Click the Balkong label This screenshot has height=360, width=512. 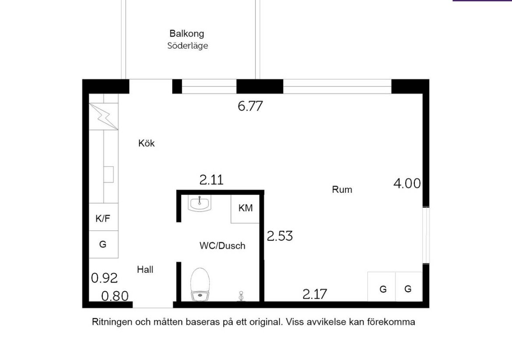[187, 33]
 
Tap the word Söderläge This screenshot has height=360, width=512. [187, 46]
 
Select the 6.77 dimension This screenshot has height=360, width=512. [250, 106]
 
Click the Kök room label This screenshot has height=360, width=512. [146, 143]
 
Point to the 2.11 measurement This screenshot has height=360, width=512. [211, 180]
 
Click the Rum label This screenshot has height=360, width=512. [342, 189]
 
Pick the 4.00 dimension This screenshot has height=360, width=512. [407, 184]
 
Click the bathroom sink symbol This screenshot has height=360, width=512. [200, 203]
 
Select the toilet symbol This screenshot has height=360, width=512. [200, 285]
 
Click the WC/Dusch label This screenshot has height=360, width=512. [222, 245]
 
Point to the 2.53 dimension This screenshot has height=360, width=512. [279, 236]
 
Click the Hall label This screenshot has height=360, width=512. [145, 269]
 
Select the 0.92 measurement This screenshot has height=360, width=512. [104, 278]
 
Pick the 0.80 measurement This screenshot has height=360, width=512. [115, 296]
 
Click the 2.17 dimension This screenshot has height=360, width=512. [314, 294]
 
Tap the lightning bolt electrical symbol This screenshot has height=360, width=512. [103, 116]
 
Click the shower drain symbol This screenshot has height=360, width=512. [241, 296]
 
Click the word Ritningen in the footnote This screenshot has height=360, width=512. [112, 322]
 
